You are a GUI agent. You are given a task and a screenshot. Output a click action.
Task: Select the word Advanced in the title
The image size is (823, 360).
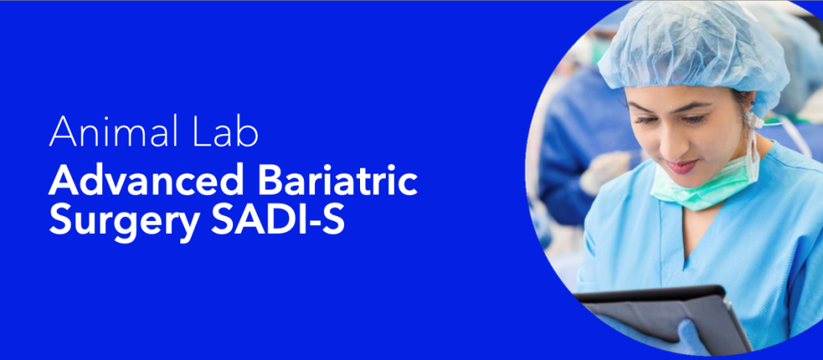coord(146,181)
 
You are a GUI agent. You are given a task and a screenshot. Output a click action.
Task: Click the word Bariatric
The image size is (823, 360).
coord(338,181)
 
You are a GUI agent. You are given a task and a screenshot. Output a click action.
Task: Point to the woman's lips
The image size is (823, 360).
coord(682,166)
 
